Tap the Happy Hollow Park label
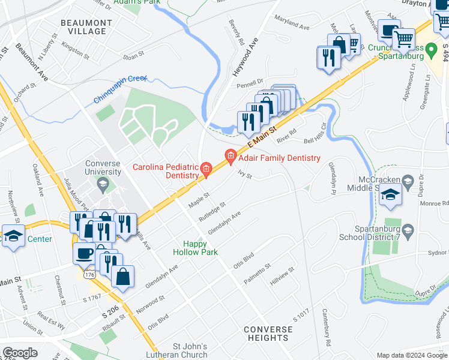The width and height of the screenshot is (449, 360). [x=195, y=248]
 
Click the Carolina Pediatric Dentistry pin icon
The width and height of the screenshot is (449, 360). [x=206, y=169]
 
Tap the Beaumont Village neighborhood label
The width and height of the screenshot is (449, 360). [x=86, y=27]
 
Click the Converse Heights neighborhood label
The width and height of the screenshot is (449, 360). [x=268, y=334]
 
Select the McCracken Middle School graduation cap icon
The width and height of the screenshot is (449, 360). [x=390, y=195]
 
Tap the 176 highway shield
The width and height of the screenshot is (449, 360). [x=90, y=274]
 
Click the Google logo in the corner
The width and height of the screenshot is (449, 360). [x=20, y=352]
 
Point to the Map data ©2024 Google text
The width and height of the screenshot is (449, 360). [x=411, y=355]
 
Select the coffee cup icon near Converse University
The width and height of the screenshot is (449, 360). [x=83, y=253]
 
